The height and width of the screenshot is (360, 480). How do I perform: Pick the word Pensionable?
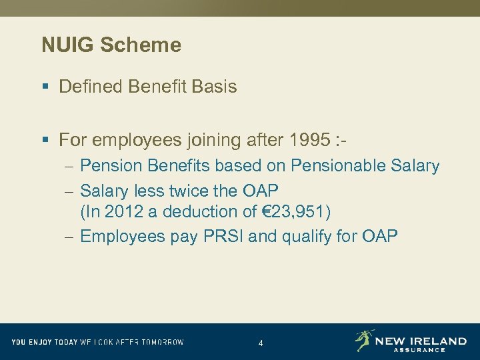(x=349, y=166)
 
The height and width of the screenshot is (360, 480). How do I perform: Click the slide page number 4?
(x=261, y=343)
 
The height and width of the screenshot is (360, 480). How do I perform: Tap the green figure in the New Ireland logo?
(x=364, y=340)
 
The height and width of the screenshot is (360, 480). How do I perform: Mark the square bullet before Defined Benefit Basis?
(x=45, y=87)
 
